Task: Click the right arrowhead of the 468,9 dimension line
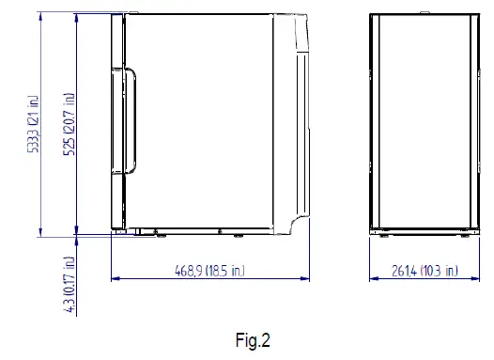pyautogui.click(x=307, y=278)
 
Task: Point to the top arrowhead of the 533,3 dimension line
pyautogui.click(x=42, y=17)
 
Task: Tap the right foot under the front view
pyautogui.click(x=466, y=233)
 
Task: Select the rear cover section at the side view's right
pyautogui.click(x=293, y=122)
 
